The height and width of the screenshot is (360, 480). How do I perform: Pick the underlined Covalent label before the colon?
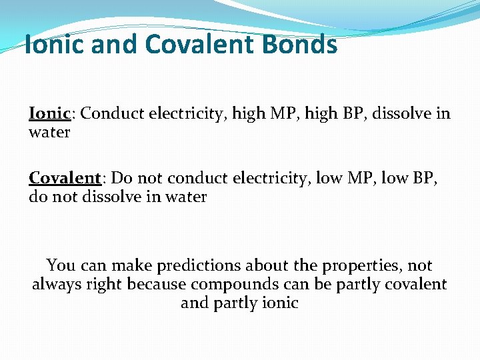[x=65, y=178]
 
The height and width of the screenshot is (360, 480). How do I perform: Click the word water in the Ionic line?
[x=49, y=132]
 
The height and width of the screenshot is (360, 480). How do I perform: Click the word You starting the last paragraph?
[x=61, y=265]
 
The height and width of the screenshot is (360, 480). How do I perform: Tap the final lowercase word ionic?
[x=279, y=303]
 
